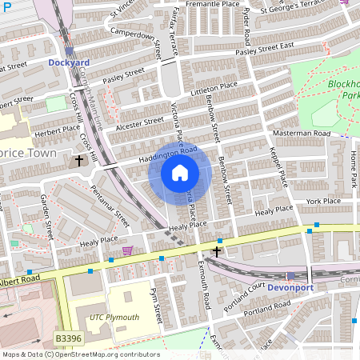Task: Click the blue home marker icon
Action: (x=180, y=172)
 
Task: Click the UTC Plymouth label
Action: (x=114, y=318)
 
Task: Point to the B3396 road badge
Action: (x=69, y=340)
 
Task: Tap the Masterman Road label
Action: (x=302, y=133)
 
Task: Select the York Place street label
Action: (x=323, y=202)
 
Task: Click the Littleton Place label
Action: (x=214, y=89)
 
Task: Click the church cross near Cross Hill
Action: (x=78, y=161)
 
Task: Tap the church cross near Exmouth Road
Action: (x=216, y=251)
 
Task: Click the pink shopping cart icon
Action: (x=126, y=251)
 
